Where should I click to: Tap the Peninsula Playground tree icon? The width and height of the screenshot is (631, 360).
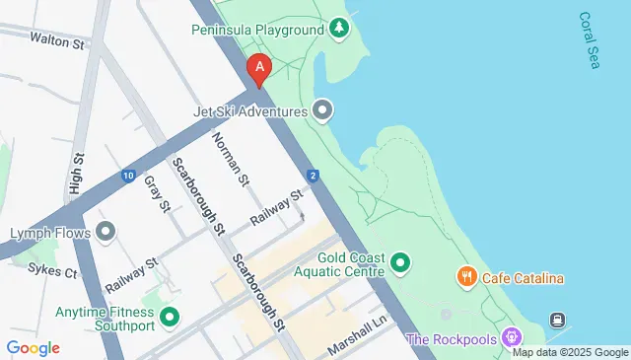(339, 30)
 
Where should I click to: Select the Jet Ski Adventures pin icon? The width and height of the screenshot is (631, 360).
(322, 109)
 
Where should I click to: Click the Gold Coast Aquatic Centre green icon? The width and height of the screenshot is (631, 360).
(400, 262)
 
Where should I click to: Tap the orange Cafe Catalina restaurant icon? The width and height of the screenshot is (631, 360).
(466, 278)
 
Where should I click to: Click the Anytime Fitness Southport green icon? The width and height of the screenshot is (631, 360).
(170, 318)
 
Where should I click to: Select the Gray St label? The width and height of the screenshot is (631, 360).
(158, 193)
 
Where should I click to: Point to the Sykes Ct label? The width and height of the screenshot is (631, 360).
(52, 268)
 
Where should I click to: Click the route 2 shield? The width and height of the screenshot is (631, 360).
(312, 176)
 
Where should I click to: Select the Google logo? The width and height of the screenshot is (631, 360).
(33, 347)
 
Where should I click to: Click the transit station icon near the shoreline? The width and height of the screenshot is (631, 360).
(558, 320)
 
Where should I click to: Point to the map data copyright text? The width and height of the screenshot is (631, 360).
(570, 352)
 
